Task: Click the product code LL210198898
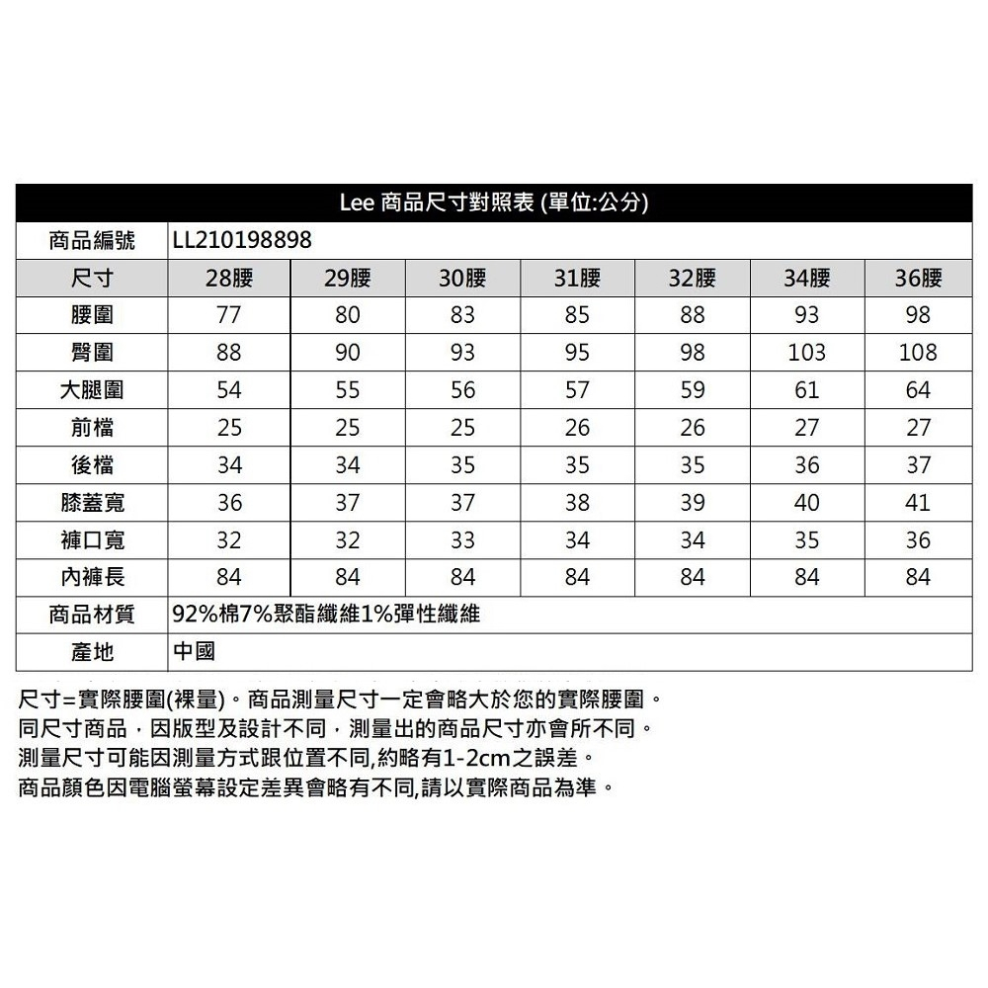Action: click(x=241, y=240)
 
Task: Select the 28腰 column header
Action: click(x=229, y=278)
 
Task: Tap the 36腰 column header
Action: click(x=918, y=278)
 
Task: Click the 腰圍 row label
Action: click(x=92, y=315)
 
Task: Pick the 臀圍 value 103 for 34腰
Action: click(x=806, y=353)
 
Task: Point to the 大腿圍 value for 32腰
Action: click(x=693, y=390)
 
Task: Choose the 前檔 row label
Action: click(x=92, y=428)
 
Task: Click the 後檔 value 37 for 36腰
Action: click(x=918, y=465)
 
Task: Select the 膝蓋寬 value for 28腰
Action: click(x=229, y=503)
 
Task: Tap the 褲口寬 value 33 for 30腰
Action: click(x=461, y=540)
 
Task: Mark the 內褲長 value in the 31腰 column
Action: click(x=577, y=577)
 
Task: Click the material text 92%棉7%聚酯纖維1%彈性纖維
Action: click(x=326, y=615)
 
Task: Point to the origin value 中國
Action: click(x=193, y=652)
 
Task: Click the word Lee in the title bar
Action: click(x=357, y=204)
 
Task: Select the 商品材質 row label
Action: click(x=92, y=615)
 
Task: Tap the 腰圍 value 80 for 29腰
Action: click(x=347, y=315)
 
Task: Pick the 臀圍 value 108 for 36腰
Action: click(x=918, y=353)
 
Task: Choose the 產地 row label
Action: click(x=92, y=652)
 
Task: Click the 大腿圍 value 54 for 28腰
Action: click(x=229, y=390)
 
